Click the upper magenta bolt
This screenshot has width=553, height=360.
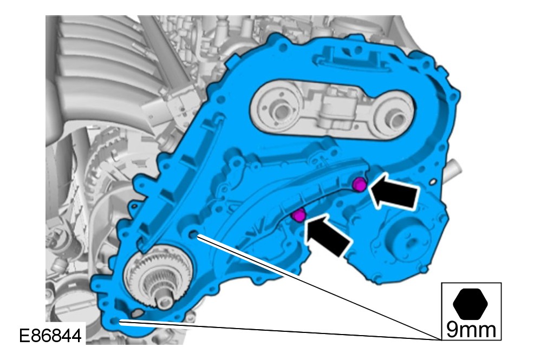(x=360, y=185)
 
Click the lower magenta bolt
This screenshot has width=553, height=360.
(x=299, y=215)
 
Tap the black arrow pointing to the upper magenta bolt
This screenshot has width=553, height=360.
(x=392, y=192)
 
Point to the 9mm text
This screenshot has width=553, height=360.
(x=471, y=330)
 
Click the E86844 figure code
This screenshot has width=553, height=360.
(x=50, y=335)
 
